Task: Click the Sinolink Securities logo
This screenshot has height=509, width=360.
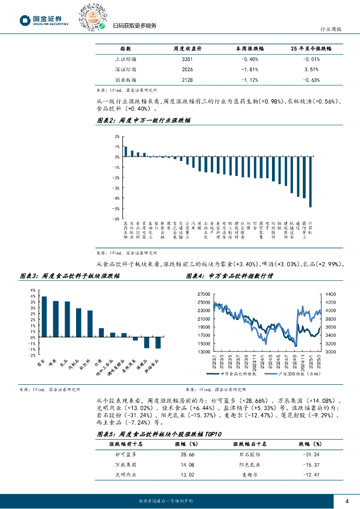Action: tap(44, 20)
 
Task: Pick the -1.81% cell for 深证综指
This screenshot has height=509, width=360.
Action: tap(249, 70)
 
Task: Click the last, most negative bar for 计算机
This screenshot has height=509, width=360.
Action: tap(310, 182)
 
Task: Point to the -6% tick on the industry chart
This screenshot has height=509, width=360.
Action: tap(116, 219)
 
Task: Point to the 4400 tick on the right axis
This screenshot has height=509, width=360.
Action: tap(331, 295)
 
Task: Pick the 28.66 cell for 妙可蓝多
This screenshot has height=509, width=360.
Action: tap(187, 454)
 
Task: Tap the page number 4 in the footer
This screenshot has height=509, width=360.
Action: tap(347, 501)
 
